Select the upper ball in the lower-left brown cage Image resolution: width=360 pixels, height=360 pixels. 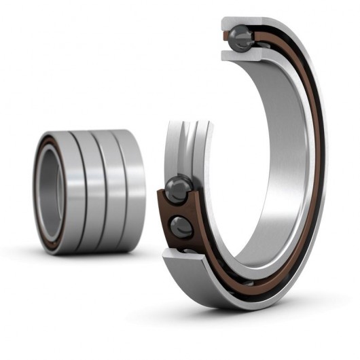178,188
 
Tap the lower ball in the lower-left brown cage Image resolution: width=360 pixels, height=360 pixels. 181,226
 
